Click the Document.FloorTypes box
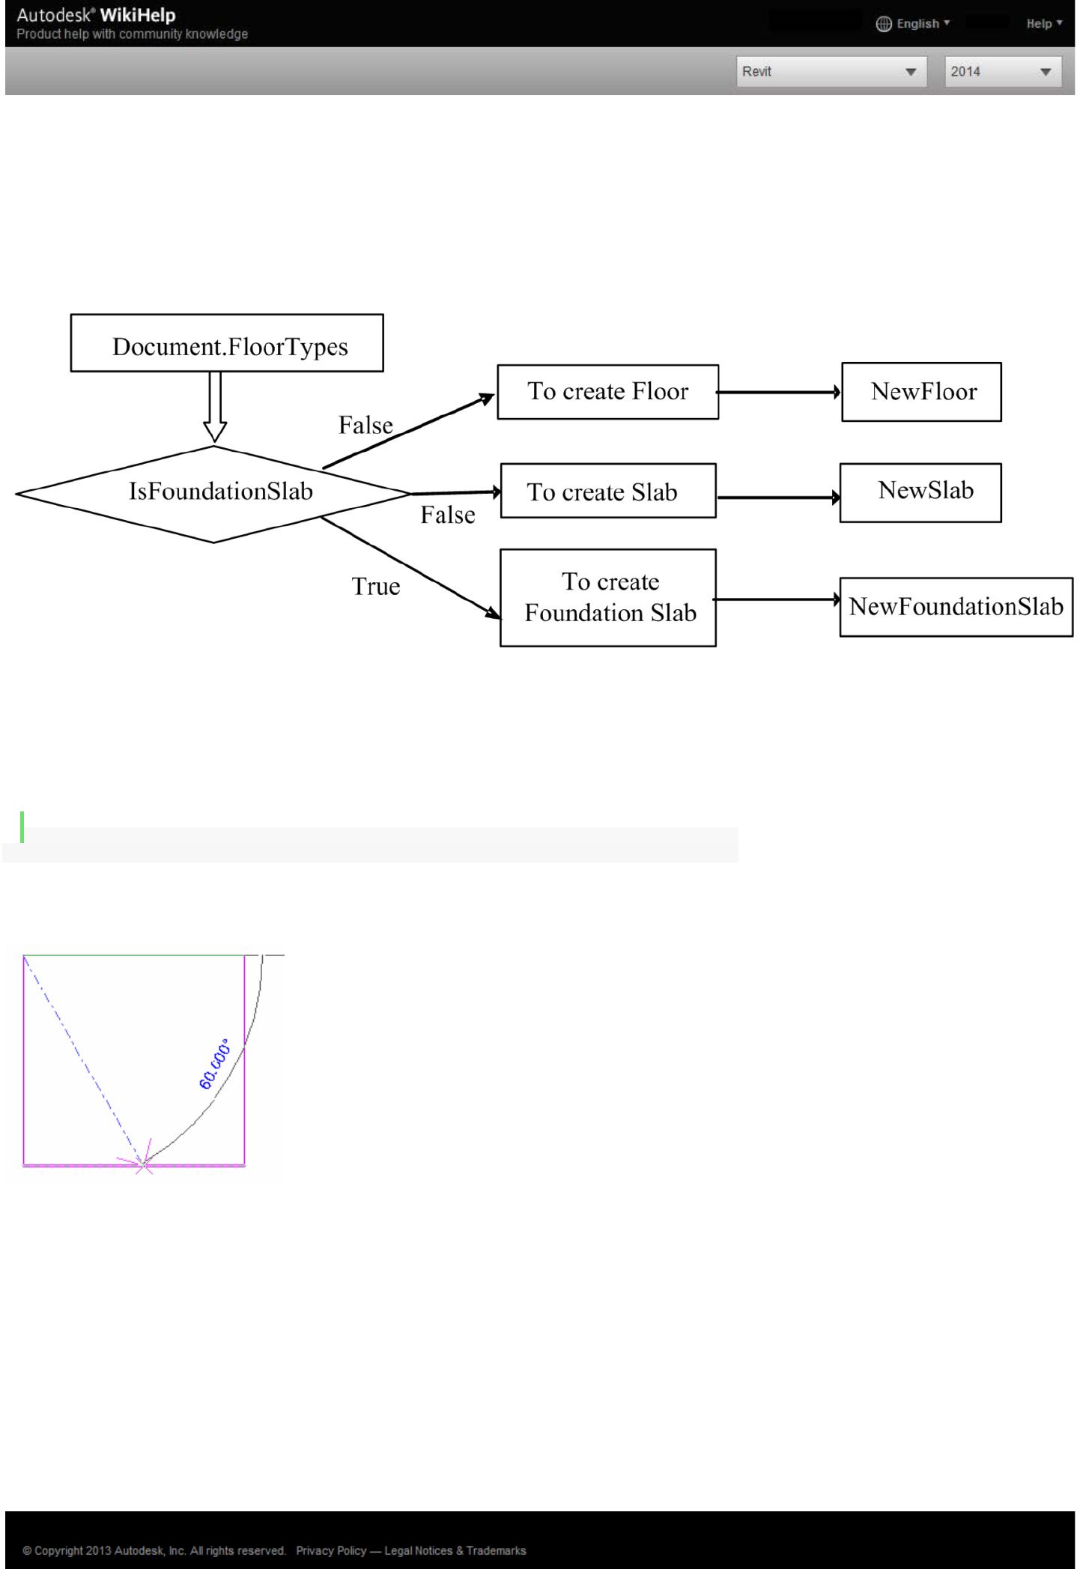point(227,343)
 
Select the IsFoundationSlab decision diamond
point(214,493)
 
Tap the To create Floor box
point(607,392)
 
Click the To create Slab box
point(607,491)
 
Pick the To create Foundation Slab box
point(607,598)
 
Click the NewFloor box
point(921,392)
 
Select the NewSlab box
point(920,492)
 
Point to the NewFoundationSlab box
point(956,607)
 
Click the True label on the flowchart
point(376,587)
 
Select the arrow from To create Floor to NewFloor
point(779,392)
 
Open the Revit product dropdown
point(831,72)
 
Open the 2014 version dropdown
point(1002,72)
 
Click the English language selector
point(913,24)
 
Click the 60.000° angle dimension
point(215,1064)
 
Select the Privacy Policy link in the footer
point(331,1550)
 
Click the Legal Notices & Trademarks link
point(455,1550)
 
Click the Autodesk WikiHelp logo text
point(97,16)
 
